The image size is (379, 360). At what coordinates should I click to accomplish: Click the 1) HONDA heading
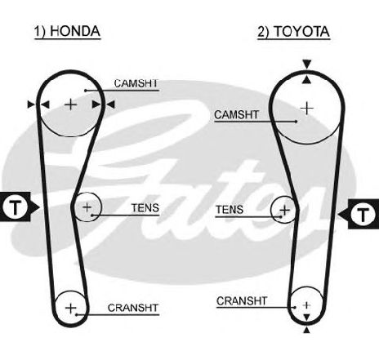tap(67, 31)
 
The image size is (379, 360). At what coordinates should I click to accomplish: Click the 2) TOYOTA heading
tap(294, 32)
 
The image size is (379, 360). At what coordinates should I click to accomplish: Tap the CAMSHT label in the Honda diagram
tap(136, 83)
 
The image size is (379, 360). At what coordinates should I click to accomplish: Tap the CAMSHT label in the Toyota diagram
tap(236, 114)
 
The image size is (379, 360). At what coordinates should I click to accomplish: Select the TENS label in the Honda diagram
tap(145, 208)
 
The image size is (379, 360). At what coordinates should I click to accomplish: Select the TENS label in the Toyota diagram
tap(230, 210)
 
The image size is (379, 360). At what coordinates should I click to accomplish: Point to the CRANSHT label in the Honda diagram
tap(133, 308)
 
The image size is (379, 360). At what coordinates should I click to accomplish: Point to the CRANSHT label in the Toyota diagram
tap(242, 301)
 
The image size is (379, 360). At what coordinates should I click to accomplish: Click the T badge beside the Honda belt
tap(16, 207)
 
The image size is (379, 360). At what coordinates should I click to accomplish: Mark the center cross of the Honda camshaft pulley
tap(71, 104)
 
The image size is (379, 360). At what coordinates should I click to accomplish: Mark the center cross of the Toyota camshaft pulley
tap(307, 109)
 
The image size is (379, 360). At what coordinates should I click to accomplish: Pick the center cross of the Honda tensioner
tap(87, 207)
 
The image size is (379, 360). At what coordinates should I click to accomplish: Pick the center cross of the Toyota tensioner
tap(285, 210)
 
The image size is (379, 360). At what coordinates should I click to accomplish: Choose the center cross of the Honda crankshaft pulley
tap(71, 308)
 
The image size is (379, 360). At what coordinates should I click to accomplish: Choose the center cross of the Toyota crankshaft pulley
tap(306, 305)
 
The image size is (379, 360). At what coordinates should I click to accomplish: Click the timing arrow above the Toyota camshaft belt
tap(307, 64)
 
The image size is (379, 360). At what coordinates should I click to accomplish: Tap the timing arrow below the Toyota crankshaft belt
tap(307, 330)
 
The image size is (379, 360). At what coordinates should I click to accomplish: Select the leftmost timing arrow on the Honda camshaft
tap(32, 104)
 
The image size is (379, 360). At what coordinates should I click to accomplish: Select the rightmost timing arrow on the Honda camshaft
tap(111, 104)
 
